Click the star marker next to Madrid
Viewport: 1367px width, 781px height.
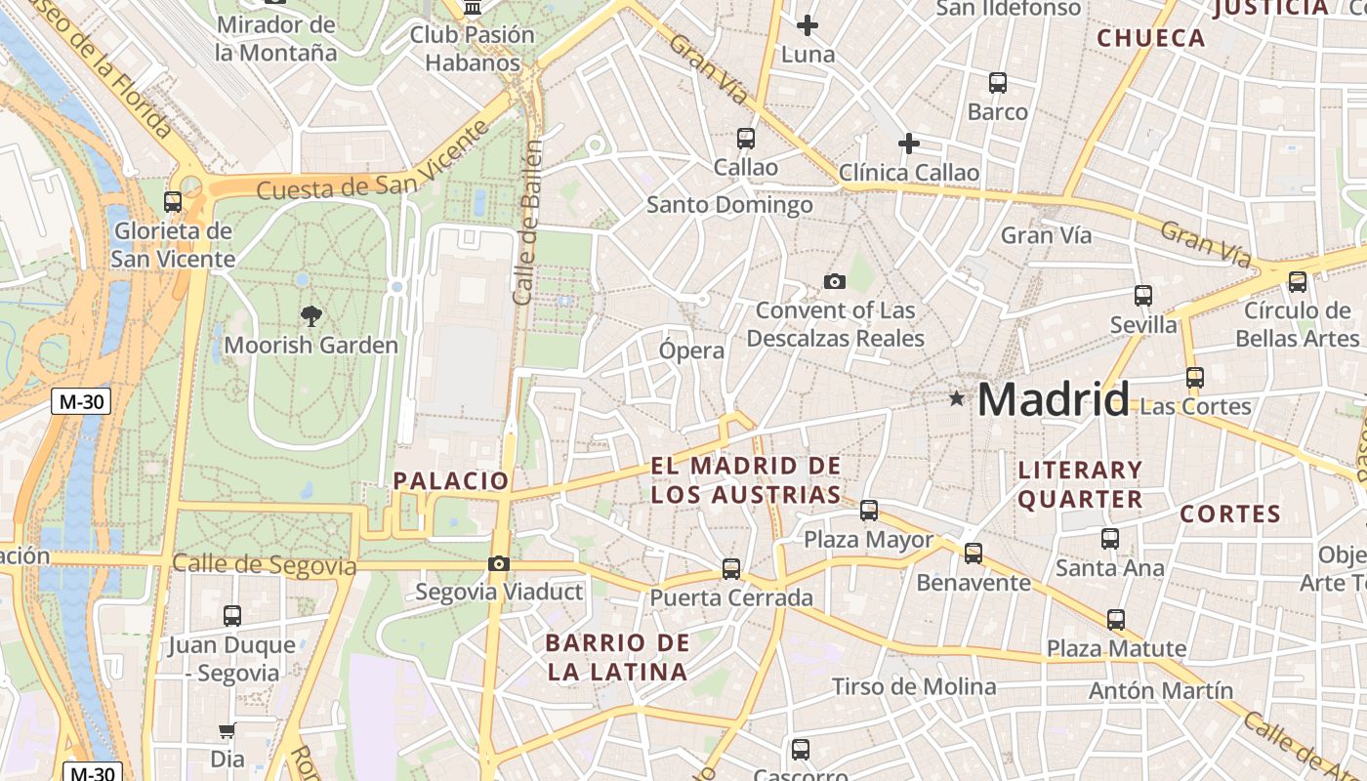(x=957, y=399)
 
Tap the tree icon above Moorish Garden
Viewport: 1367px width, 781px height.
(x=311, y=315)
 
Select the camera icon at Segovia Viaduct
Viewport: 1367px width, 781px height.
(x=499, y=563)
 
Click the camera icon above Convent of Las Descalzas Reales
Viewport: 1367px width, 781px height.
(x=835, y=281)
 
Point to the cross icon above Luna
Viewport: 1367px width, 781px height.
(x=808, y=25)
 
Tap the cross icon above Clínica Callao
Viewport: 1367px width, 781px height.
(x=909, y=144)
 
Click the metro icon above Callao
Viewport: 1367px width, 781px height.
(x=746, y=139)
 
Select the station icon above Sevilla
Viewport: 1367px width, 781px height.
(x=1143, y=295)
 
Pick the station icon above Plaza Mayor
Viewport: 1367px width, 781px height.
(x=869, y=510)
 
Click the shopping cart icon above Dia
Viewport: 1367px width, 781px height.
(x=228, y=730)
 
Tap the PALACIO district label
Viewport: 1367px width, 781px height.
(x=451, y=480)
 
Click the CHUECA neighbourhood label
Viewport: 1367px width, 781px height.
(x=1151, y=38)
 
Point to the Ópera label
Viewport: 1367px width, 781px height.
(x=692, y=350)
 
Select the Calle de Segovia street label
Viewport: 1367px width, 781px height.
(x=264, y=564)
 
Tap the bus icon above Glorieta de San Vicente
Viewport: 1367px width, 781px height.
(x=173, y=202)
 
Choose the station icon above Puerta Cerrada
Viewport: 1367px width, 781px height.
(x=731, y=568)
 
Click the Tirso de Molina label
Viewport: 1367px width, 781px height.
(x=914, y=686)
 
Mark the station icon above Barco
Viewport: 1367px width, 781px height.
(x=998, y=83)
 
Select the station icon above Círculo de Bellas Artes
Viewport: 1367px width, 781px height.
(x=1298, y=282)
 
